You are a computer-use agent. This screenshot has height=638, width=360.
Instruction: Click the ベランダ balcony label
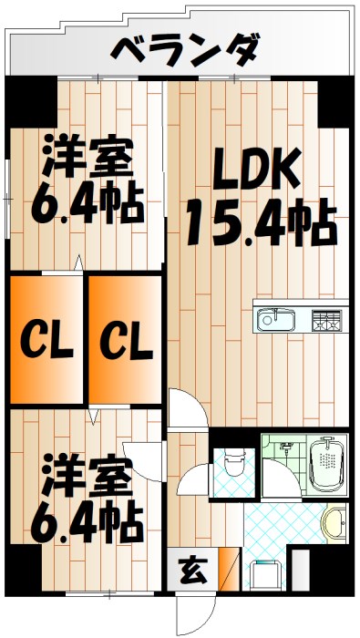point(185,49)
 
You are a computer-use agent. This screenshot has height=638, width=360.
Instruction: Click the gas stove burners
point(326,320)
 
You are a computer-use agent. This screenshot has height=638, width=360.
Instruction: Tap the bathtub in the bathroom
point(326,466)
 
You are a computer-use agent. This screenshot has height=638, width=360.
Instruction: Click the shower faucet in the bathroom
point(283,447)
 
